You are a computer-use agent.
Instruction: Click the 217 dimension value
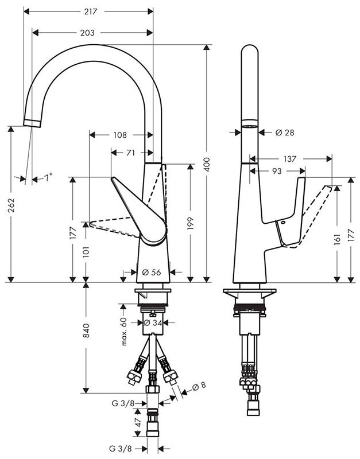click(x=91, y=11)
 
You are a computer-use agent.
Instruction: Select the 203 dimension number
click(x=87, y=33)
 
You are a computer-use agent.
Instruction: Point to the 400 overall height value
click(x=207, y=164)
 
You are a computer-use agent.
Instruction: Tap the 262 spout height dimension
click(x=11, y=205)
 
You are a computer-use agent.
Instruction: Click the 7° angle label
click(x=48, y=177)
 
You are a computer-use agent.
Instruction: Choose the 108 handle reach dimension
click(x=120, y=135)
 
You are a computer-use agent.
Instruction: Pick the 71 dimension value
click(x=131, y=153)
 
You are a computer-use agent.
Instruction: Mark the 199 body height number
click(x=191, y=223)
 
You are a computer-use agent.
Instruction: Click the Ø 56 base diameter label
click(x=152, y=272)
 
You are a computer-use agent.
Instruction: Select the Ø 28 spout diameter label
click(x=285, y=133)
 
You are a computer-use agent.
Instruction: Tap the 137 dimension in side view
click(x=290, y=159)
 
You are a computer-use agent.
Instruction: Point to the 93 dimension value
click(x=277, y=170)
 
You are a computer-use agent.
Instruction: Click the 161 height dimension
click(x=337, y=239)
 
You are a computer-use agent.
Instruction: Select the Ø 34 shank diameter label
click(x=152, y=322)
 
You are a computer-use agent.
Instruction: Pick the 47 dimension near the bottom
click(x=138, y=422)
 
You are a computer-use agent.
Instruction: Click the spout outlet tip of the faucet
click(x=32, y=123)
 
